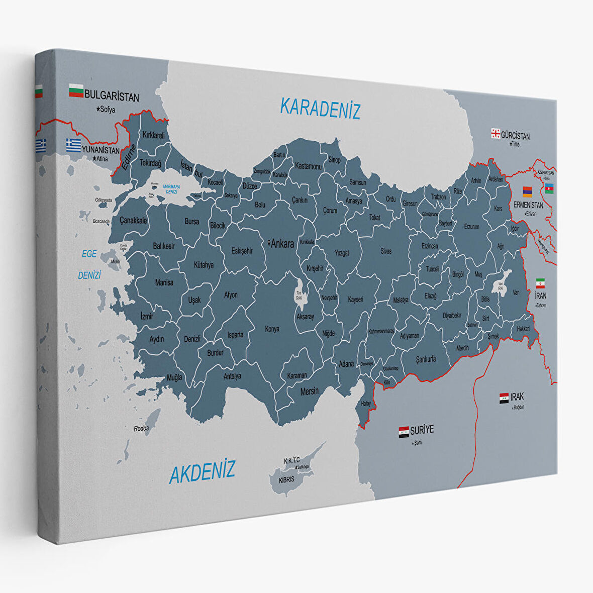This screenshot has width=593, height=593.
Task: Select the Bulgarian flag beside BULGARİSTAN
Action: pos(76,91)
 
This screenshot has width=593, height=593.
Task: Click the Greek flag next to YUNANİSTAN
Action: pos(73,145)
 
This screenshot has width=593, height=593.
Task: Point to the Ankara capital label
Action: pos(281,244)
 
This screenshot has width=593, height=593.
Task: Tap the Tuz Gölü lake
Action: pos(300,295)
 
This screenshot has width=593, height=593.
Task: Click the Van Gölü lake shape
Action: pos(501,283)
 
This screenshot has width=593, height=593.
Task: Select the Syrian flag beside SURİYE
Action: pos(404,432)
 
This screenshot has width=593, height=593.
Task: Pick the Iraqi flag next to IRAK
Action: pos(504,399)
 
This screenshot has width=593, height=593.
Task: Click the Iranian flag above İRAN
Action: pos(540,283)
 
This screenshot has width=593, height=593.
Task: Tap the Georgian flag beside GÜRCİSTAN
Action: pos(496,133)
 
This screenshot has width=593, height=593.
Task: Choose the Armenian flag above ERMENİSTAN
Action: pos(527,191)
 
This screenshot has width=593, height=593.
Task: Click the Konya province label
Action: pos(272,329)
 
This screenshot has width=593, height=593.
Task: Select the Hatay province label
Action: pos(365,404)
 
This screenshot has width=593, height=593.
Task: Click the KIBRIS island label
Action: pos(287,479)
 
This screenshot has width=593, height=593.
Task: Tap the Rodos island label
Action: pos(141,429)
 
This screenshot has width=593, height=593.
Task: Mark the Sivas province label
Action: pos(386,251)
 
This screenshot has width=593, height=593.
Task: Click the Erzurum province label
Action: pos(471,227)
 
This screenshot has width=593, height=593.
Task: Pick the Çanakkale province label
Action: pos(133,221)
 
